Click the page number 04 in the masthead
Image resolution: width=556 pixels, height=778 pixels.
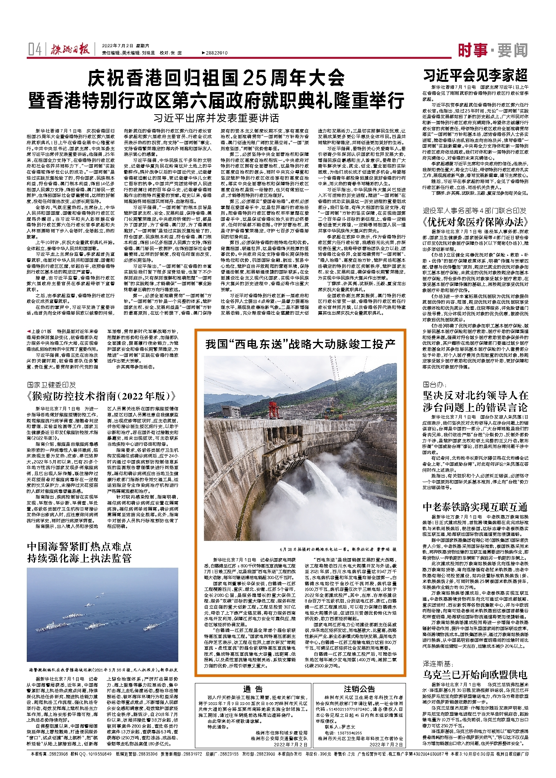pyautogui.click(x=35, y=49)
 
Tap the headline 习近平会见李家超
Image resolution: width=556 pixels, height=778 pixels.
pyautogui.click(x=475, y=76)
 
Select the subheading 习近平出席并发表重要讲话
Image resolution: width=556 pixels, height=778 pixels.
pyautogui.click(x=216, y=118)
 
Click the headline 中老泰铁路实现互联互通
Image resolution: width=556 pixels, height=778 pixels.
pyautogui.click(x=475, y=507)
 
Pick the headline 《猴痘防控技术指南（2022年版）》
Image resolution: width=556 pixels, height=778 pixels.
pyautogui.click(x=102, y=396)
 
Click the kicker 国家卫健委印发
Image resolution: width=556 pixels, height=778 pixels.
pyautogui.click(x=52, y=385)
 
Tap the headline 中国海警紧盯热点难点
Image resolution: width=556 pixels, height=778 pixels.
pyautogui.click(x=79, y=546)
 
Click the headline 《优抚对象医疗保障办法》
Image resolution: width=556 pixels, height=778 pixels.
pyautogui.click(x=475, y=221)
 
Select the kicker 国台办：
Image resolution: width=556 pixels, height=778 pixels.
pyautogui.click(x=434, y=384)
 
